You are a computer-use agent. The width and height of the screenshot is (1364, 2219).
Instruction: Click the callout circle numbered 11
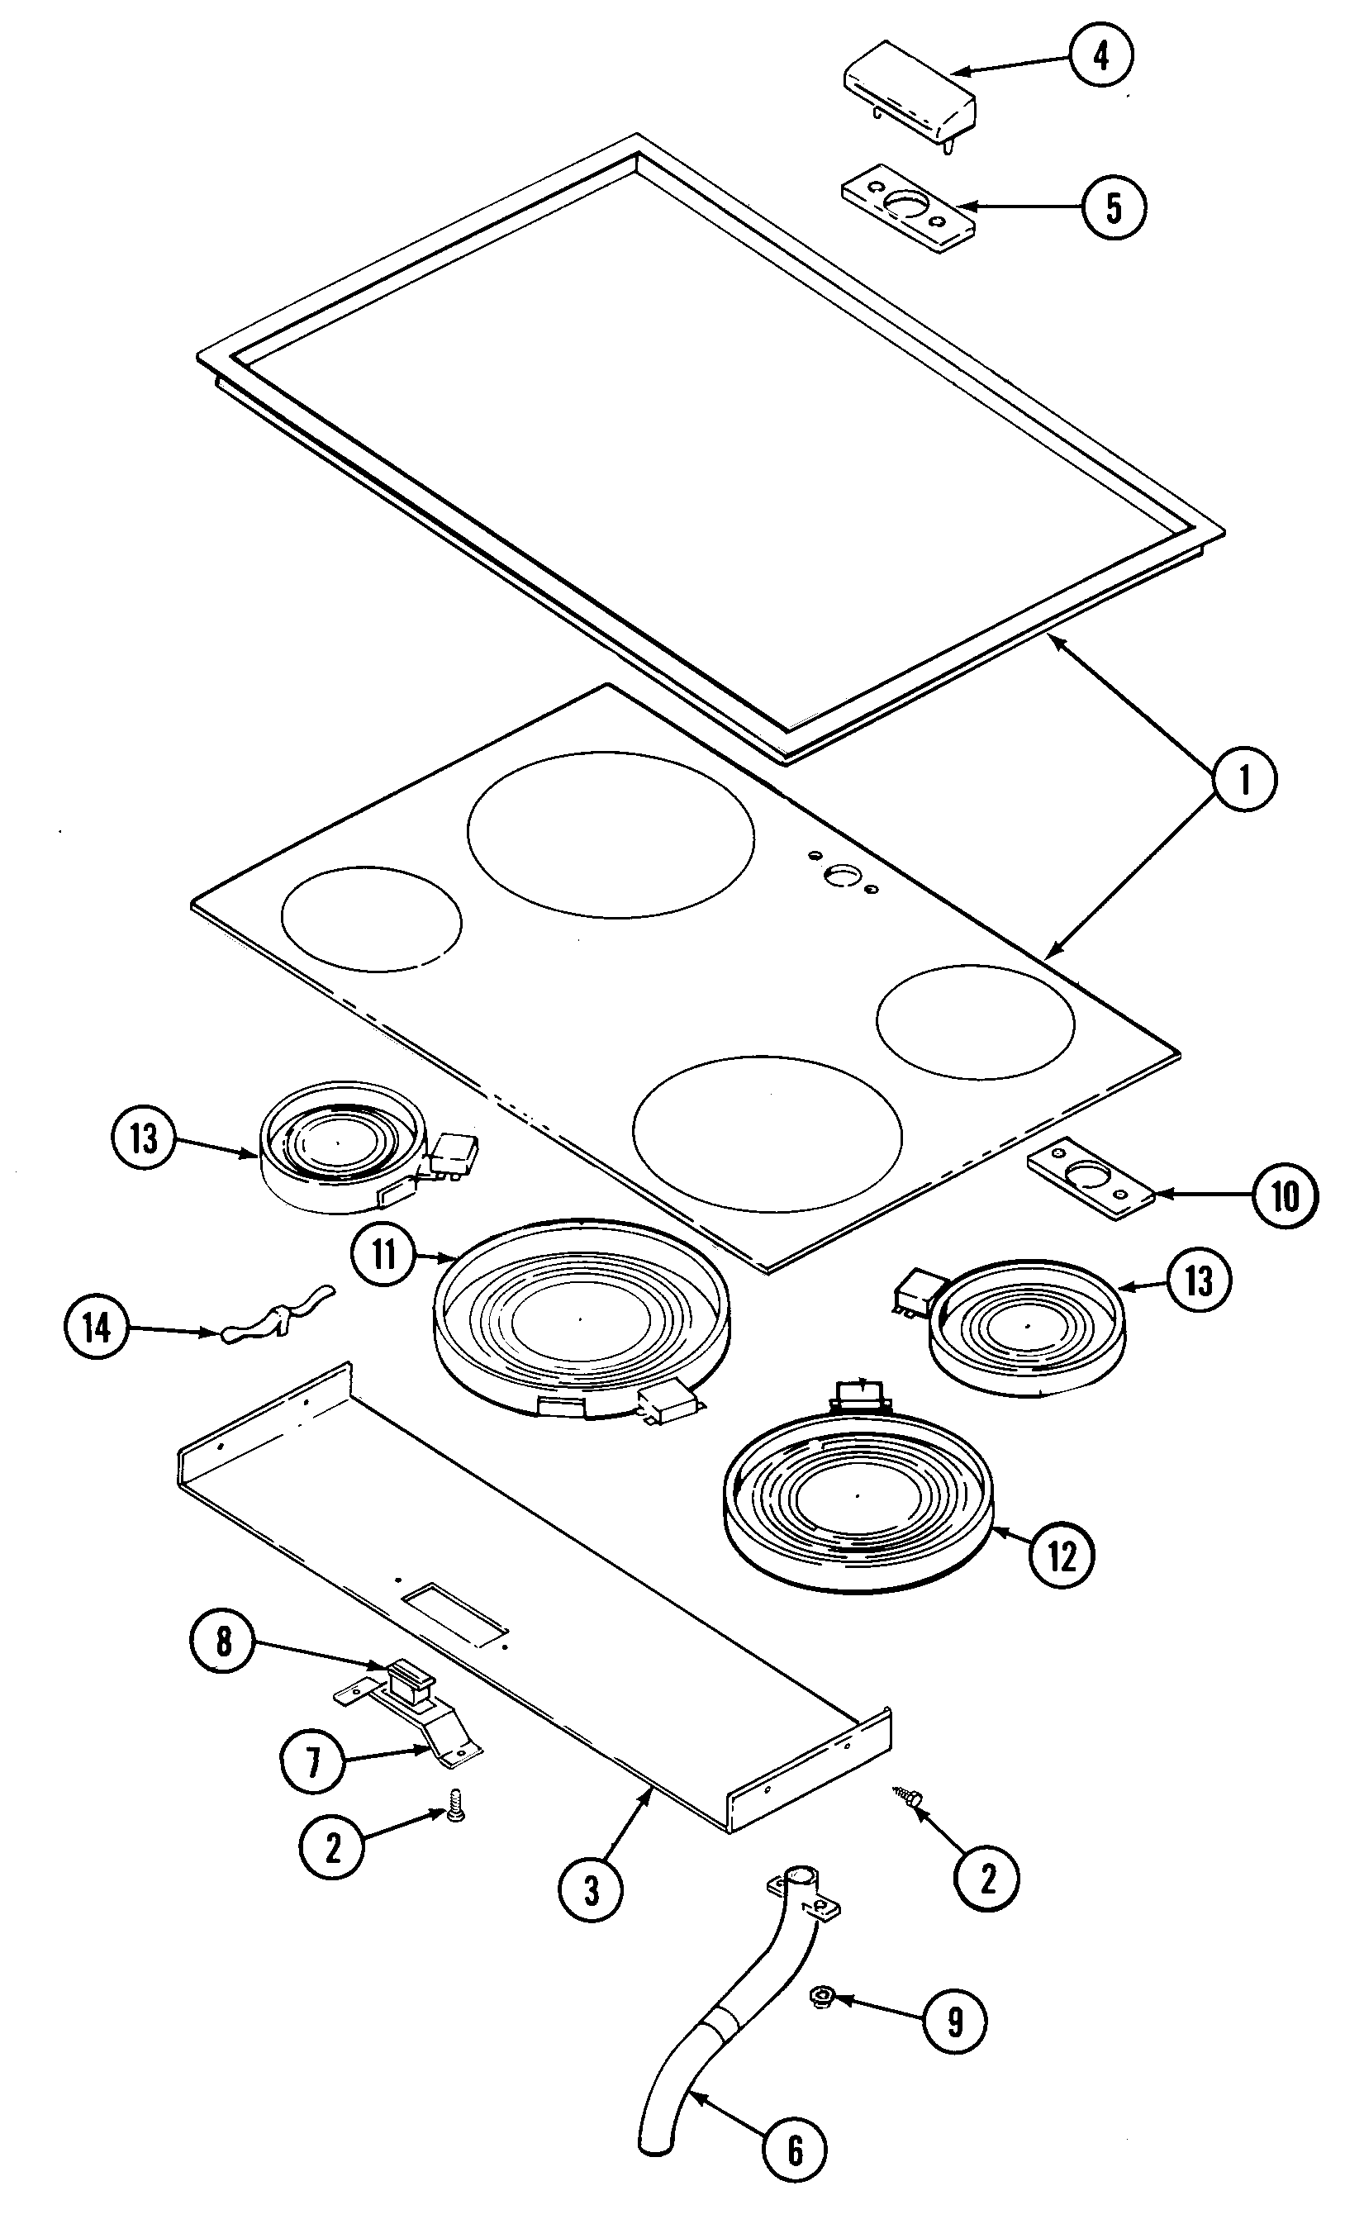(x=384, y=1255)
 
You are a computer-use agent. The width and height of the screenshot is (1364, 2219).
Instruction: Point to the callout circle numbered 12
(x=1062, y=1554)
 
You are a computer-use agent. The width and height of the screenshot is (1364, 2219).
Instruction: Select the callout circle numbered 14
(x=97, y=1328)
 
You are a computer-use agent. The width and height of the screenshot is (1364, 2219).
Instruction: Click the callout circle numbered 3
(x=591, y=1891)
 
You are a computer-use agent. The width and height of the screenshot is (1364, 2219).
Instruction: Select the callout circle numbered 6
(x=794, y=2150)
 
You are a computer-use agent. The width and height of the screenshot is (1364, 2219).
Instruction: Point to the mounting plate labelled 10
(x=1091, y=1178)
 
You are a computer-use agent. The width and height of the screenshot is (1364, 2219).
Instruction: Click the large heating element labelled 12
(x=857, y=1504)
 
